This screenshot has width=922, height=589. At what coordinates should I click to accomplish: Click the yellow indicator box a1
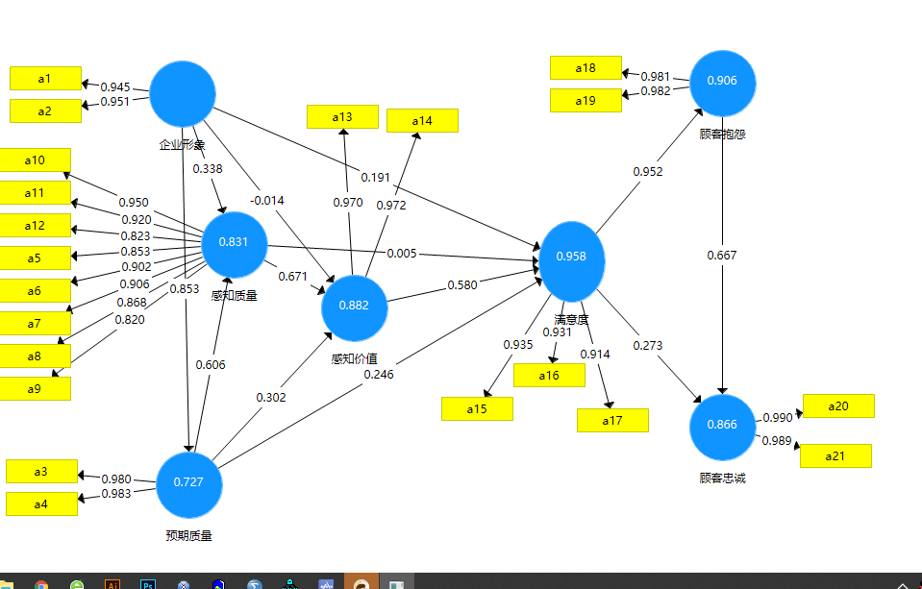click(45, 78)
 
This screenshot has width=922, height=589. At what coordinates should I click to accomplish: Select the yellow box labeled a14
click(422, 120)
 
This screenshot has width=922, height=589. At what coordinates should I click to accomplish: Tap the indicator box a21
click(835, 455)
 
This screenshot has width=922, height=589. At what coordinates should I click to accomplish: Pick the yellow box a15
click(477, 408)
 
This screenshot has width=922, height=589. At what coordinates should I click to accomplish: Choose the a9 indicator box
click(35, 388)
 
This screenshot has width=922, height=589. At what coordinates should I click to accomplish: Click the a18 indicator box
click(586, 67)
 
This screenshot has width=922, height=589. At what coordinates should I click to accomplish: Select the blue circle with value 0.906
click(722, 82)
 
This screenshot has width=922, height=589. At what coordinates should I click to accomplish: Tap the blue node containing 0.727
click(188, 482)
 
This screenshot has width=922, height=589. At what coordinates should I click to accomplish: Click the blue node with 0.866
click(722, 426)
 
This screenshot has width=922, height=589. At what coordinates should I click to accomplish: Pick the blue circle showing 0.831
click(234, 242)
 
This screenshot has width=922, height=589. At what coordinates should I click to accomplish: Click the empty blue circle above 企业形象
click(183, 94)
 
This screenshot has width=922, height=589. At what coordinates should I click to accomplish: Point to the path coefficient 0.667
click(722, 255)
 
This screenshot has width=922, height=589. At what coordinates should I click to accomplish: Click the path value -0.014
click(267, 200)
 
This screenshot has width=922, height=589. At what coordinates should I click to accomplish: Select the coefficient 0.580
click(462, 285)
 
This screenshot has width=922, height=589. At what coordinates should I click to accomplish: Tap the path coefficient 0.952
click(647, 171)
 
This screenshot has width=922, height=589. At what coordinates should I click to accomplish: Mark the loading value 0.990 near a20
click(777, 417)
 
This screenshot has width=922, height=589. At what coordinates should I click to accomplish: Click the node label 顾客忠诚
click(722, 478)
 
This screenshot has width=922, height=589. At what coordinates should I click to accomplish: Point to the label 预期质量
click(188, 535)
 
